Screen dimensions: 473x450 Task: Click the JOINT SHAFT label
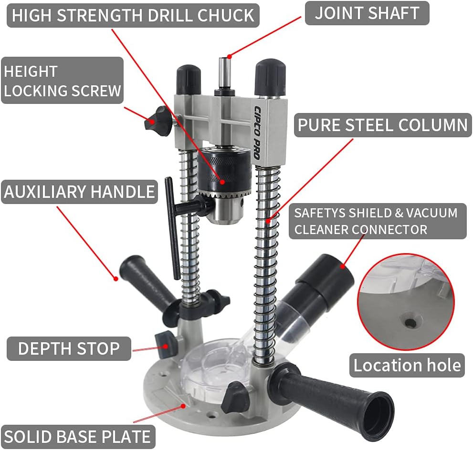click(x=367, y=13)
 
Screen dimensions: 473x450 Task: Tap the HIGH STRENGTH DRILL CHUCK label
click(x=133, y=15)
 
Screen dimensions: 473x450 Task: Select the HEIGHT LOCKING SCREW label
click(x=63, y=81)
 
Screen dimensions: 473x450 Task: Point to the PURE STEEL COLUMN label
click(x=383, y=125)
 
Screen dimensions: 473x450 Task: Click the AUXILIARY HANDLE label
click(x=79, y=192)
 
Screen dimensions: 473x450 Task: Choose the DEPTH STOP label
click(x=69, y=348)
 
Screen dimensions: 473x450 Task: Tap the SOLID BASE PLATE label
click(x=78, y=437)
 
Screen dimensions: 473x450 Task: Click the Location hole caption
click(x=407, y=365)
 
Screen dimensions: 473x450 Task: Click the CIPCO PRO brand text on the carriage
click(x=257, y=133)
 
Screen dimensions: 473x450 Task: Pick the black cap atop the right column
click(x=270, y=76)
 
